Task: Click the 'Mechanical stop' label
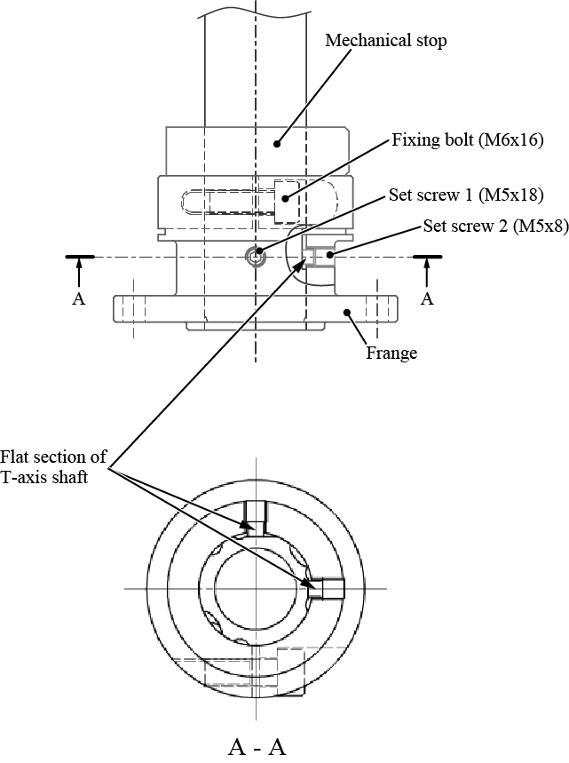click(x=385, y=40)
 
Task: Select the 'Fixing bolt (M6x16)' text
click(x=467, y=139)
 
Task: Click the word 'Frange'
click(x=391, y=353)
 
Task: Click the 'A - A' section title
click(x=257, y=747)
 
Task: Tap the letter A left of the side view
click(x=78, y=299)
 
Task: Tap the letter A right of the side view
click(x=427, y=299)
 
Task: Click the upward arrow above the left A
click(x=78, y=272)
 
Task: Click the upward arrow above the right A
click(x=427, y=272)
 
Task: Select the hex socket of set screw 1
click(x=257, y=257)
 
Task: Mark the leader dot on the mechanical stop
click(x=277, y=141)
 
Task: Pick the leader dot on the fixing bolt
click(x=285, y=187)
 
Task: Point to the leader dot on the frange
click(x=347, y=312)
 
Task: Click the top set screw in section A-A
click(x=256, y=513)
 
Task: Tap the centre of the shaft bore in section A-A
click(x=256, y=588)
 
